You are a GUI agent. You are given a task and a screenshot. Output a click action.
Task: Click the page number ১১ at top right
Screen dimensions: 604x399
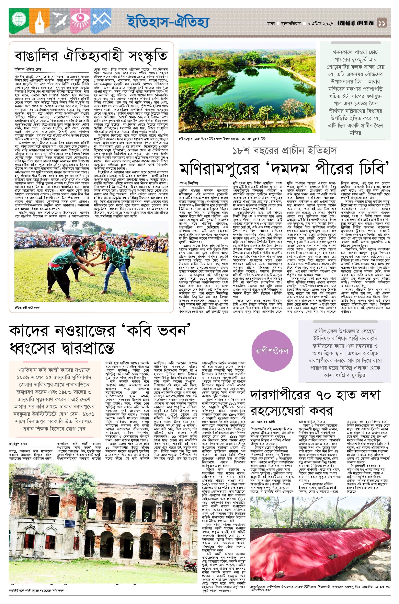pyautogui.click(x=381, y=23)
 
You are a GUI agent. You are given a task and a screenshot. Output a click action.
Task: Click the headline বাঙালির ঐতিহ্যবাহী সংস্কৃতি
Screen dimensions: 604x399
pyautogui.click(x=91, y=55)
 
